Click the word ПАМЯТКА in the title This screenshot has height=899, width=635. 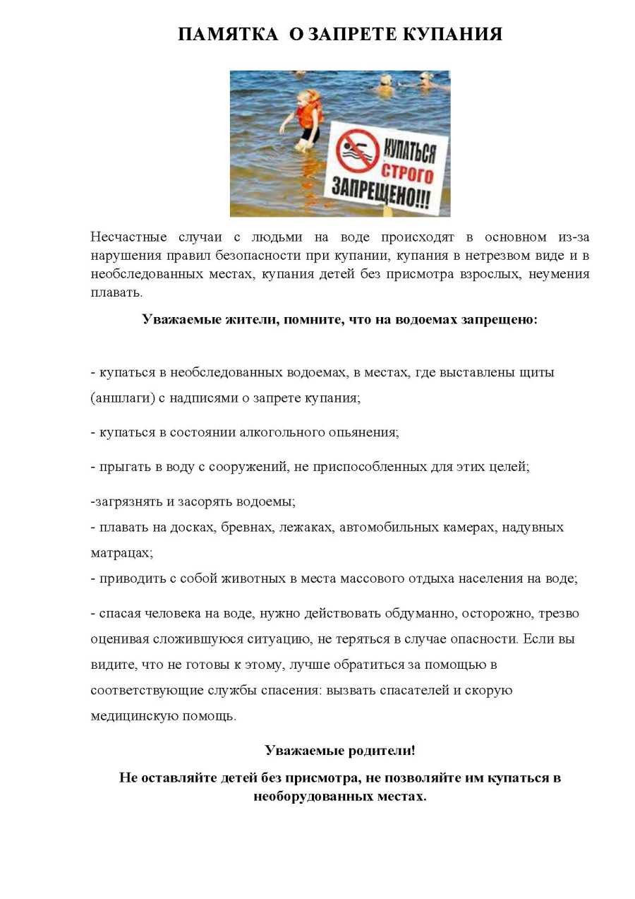click(x=228, y=35)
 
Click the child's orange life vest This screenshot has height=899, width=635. click(x=309, y=112)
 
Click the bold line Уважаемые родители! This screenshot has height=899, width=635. click(x=340, y=750)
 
